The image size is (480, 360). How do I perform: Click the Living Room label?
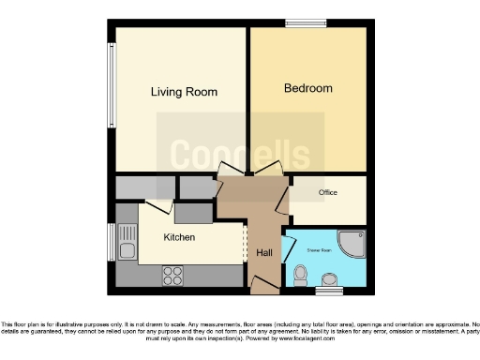184,92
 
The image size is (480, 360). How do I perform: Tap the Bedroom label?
308,88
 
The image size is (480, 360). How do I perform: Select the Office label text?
327,193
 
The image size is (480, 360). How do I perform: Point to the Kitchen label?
179,237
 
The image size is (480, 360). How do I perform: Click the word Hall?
264,252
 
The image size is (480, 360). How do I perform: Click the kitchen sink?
127,250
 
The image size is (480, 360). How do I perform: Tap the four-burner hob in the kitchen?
173,275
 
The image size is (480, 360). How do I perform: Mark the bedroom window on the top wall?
300,22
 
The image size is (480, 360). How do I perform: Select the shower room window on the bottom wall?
328,292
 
